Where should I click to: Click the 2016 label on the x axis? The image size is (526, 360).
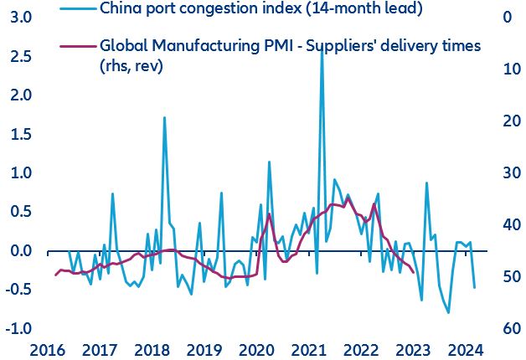tap(48, 349)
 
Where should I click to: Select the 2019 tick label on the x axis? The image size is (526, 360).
tap(204, 349)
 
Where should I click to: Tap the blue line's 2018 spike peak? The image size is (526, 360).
tap(164, 117)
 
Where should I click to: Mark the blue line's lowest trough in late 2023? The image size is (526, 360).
tap(449, 312)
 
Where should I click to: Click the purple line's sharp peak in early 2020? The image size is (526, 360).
tap(269, 213)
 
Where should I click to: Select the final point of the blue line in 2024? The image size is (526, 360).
tap(475, 288)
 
